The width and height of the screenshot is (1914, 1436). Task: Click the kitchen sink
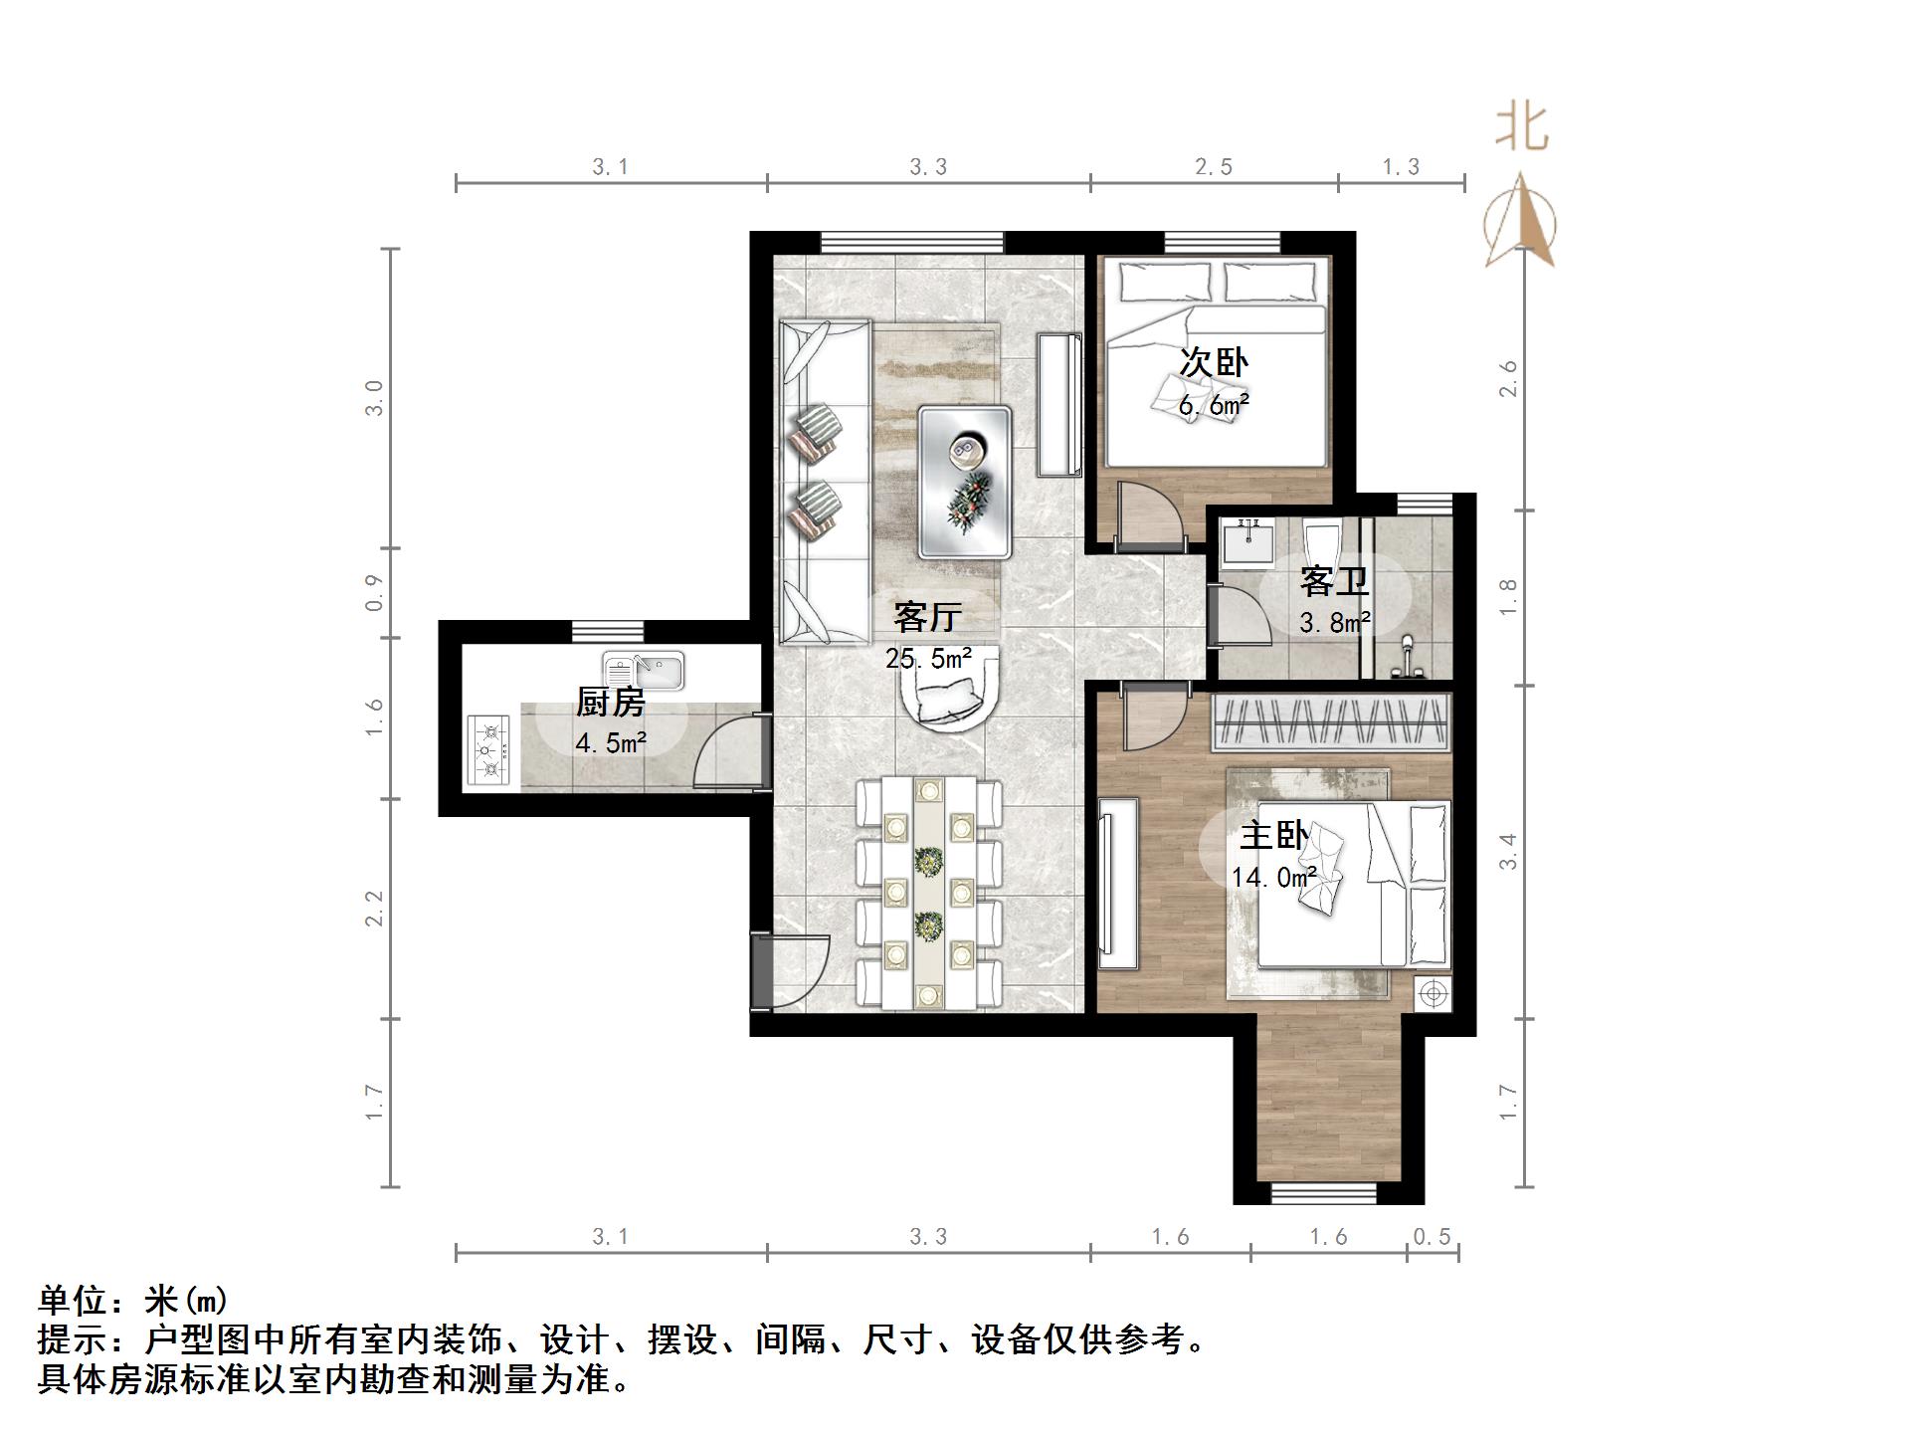[644, 672]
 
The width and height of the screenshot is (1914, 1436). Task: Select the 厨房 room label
[611, 703]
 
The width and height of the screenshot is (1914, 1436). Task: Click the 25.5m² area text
[927, 658]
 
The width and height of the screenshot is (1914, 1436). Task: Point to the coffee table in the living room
[965, 481]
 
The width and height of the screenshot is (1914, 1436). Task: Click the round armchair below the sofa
[948, 697]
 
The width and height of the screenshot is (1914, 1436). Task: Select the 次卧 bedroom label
[1214, 362]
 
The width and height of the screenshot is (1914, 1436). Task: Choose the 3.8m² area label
[1334, 623]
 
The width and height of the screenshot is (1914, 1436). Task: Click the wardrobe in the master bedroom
[1330, 722]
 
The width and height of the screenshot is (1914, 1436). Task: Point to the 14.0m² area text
[1273, 878]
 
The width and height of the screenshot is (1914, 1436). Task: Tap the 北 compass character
[1522, 128]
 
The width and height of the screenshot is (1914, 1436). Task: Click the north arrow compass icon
[1520, 221]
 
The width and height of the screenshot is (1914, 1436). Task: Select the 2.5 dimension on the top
[1213, 167]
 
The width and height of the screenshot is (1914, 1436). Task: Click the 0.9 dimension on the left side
[374, 592]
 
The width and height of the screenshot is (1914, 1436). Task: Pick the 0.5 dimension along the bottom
[1432, 1237]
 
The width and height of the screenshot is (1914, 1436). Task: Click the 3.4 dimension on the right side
[1508, 852]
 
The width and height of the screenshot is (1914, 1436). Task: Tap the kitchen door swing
[731, 754]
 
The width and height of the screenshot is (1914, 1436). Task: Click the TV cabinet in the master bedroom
[1117, 884]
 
